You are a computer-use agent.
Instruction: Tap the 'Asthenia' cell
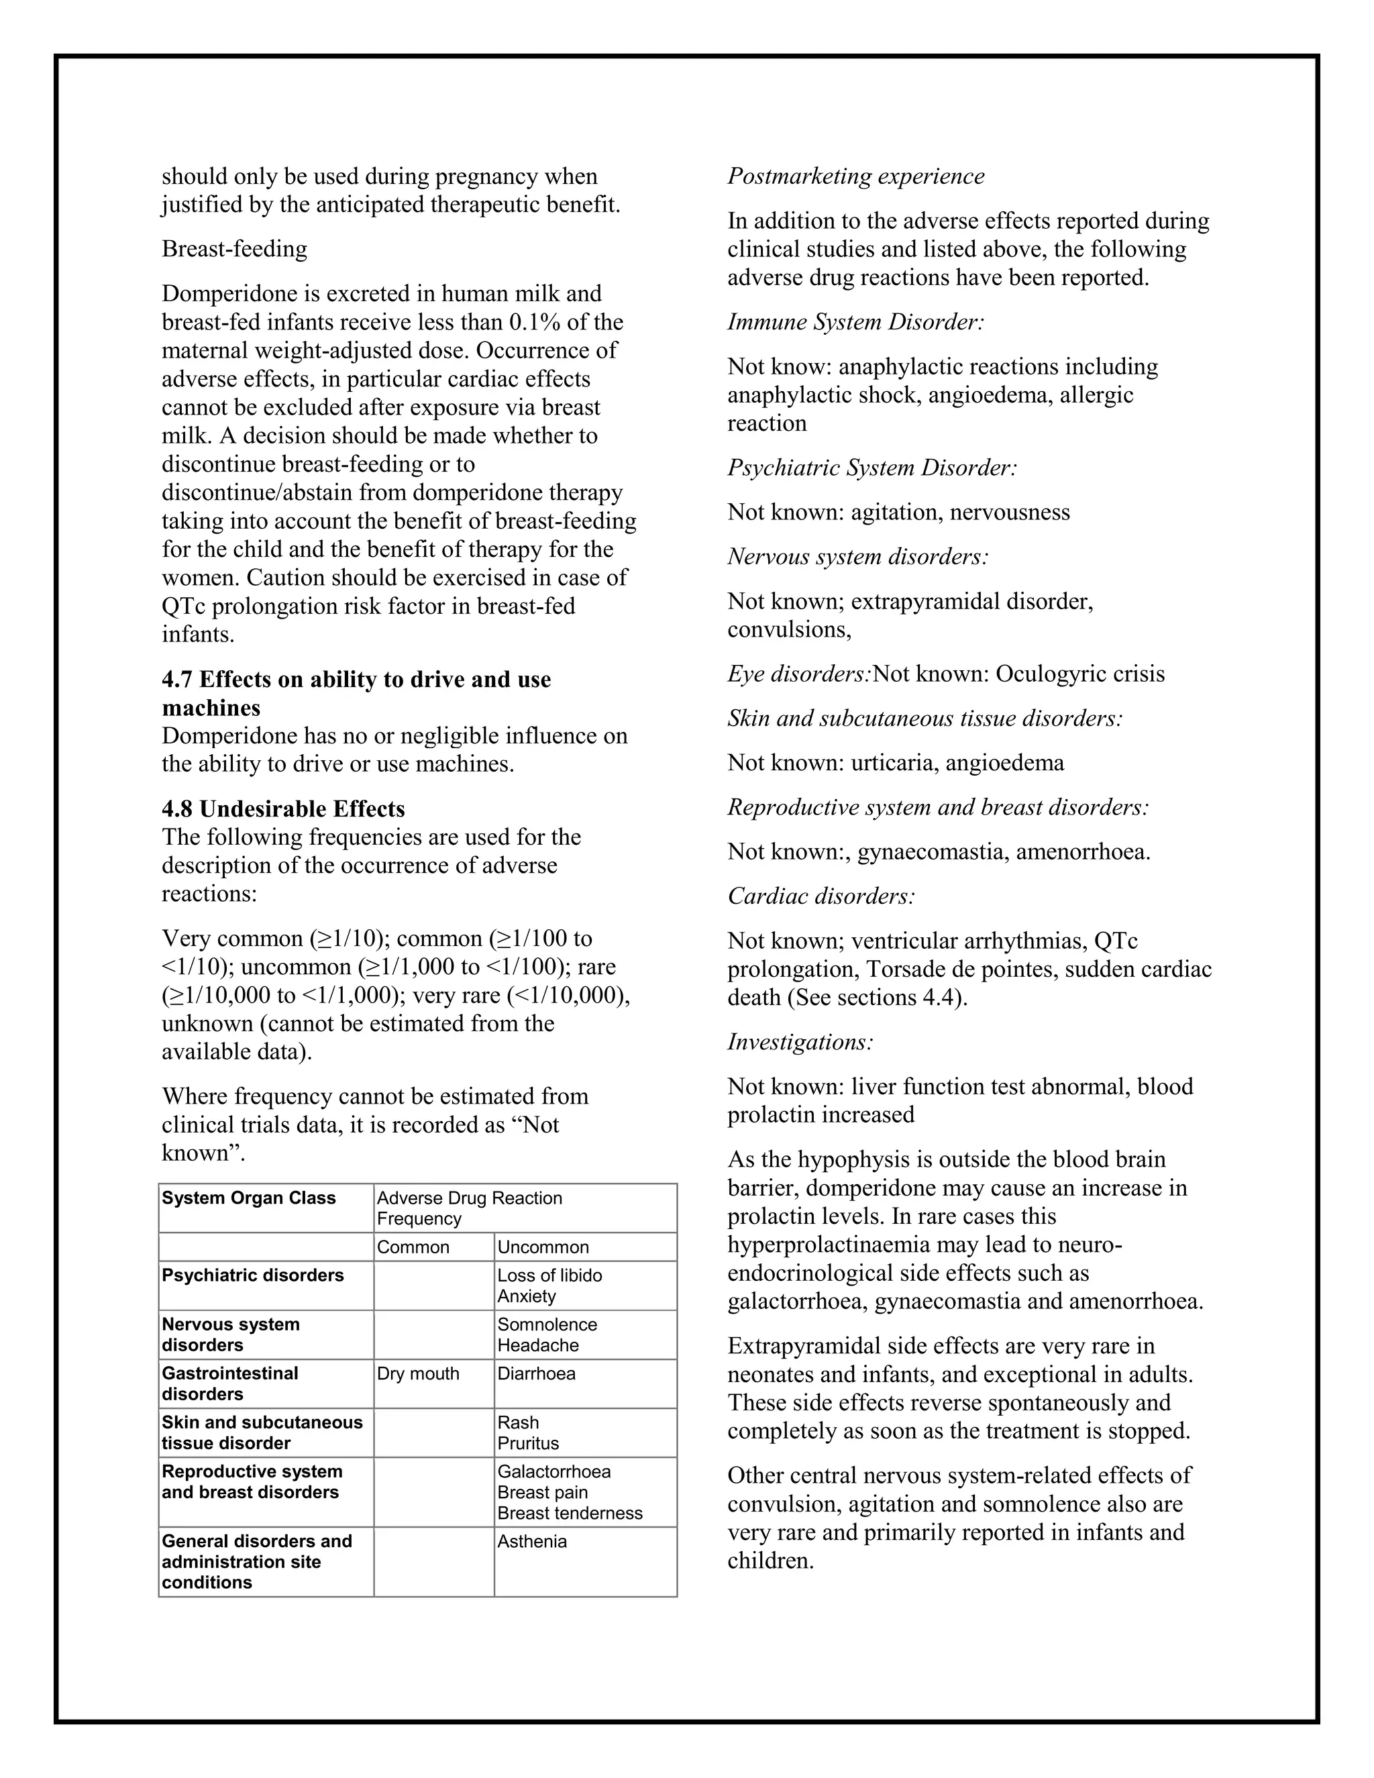[531, 1541]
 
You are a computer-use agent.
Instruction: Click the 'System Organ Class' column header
[248, 1198]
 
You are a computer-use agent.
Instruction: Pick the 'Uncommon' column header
[543, 1247]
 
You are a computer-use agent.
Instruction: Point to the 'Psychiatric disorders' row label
[252, 1275]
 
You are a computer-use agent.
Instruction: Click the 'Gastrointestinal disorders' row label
[230, 1383]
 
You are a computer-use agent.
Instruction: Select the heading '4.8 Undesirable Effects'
[283, 808]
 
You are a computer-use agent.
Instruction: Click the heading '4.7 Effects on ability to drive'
[356, 679]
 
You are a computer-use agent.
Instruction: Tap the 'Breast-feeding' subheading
[234, 248]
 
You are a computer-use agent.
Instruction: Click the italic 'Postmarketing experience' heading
[855, 176]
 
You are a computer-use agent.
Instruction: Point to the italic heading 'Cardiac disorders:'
[821, 896]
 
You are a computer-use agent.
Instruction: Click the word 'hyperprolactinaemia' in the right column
[836, 1244]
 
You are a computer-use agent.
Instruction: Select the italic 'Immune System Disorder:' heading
[855, 321]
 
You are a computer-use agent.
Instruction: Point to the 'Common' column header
[413, 1247]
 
